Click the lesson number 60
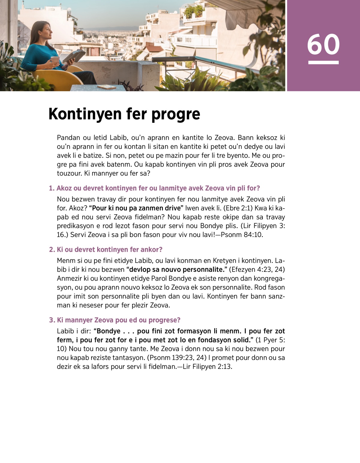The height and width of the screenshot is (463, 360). pyautogui.click(x=323, y=44)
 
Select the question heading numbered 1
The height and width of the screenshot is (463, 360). pyautogui.click(x=154, y=188)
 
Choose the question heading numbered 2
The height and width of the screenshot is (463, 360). pyautogui.click(x=106, y=250)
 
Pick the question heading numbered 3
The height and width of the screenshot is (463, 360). pyautogui.click(x=115, y=320)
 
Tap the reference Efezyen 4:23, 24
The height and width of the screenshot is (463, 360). pyautogui.click(x=257, y=269)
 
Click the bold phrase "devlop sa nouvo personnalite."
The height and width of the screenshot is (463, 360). pyautogui.click(x=177, y=269)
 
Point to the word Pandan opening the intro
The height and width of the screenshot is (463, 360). pyautogui.click(x=68, y=138)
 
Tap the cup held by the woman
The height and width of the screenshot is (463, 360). pyautogui.click(x=55, y=60)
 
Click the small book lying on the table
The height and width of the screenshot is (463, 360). pyautogui.click(x=106, y=87)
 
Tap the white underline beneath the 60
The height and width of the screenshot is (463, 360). pyautogui.click(x=323, y=62)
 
